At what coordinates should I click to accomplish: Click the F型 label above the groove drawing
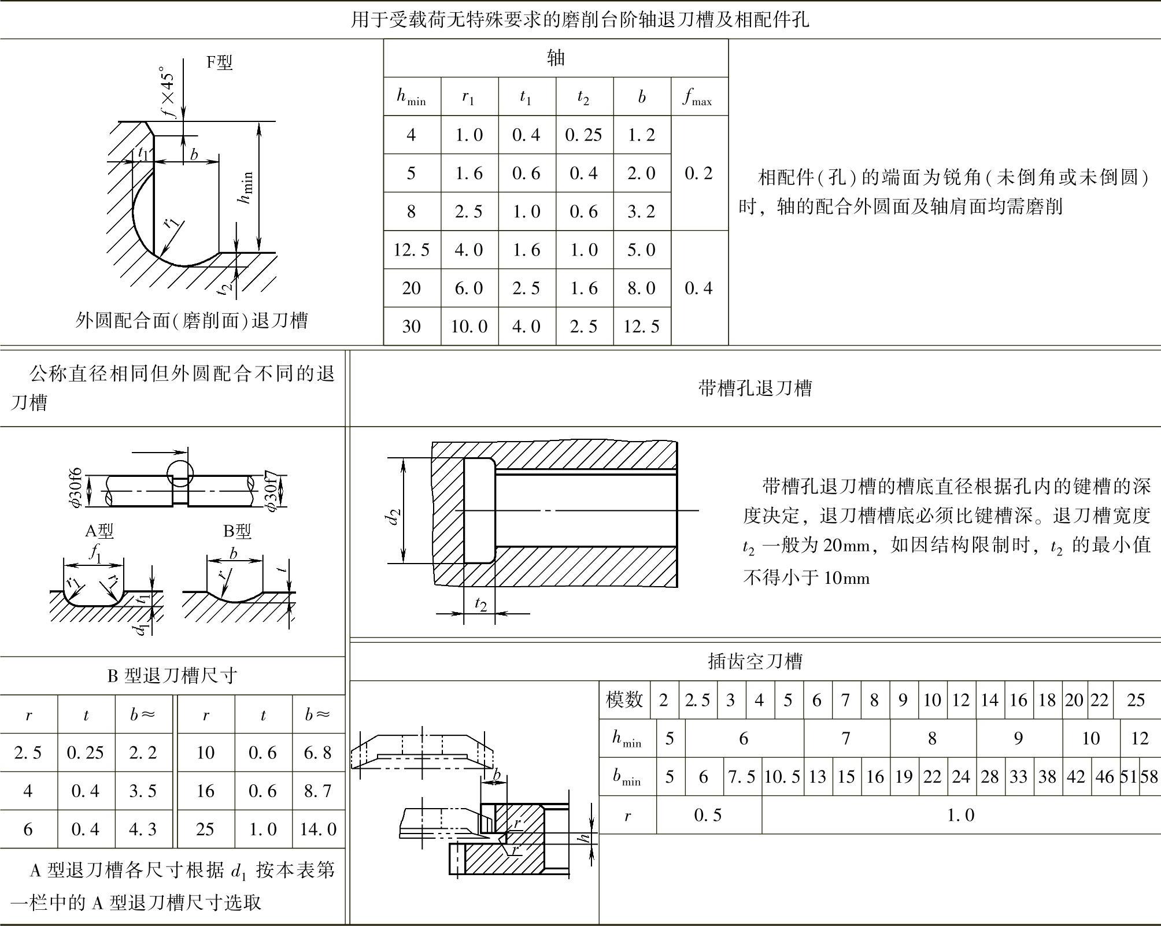tap(220, 62)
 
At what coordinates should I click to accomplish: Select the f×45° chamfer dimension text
tap(167, 92)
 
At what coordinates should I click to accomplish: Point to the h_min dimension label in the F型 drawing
tap(246, 187)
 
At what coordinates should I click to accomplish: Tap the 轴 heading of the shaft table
tap(556, 58)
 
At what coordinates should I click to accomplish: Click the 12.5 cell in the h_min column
tap(411, 250)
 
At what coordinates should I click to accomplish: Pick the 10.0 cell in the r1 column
tap(469, 327)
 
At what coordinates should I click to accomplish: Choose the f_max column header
tap(698, 97)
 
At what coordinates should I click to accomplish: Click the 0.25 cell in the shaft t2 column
tap(583, 135)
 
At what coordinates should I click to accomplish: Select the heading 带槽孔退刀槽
tap(755, 388)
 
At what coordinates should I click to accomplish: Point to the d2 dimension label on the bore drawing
tap(394, 516)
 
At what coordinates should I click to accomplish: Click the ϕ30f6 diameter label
tap(77, 488)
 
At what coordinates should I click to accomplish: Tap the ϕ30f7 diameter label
tap(272, 491)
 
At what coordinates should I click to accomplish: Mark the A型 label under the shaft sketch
tap(99, 531)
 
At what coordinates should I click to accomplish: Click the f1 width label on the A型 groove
tap(96, 553)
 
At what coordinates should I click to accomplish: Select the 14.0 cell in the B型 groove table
tap(317, 829)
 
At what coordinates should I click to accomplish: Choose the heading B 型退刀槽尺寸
tap(172, 675)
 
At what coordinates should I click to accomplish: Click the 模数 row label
tap(624, 700)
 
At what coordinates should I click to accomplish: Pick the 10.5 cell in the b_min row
tap(782, 776)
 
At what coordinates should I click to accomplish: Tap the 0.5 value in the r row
tap(708, 815)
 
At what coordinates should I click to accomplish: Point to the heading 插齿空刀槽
tap(755, 661)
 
